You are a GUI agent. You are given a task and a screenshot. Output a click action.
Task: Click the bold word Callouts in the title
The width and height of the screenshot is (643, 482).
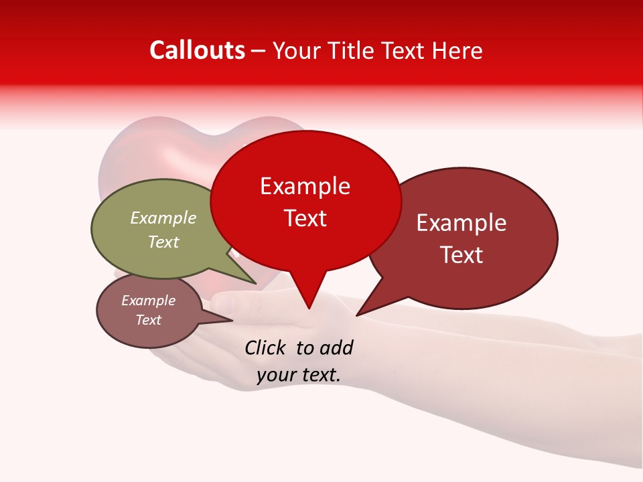tap(197, 50)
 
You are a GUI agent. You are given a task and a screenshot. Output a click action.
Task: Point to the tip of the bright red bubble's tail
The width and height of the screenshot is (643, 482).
tap(309, 309)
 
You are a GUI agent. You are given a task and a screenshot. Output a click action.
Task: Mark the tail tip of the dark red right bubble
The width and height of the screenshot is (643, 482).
tap(357, 315)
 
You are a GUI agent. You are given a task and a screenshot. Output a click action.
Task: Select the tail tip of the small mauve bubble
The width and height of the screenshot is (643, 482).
tap(232, 320)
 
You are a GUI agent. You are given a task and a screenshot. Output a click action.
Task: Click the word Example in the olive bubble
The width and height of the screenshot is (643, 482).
tap(163, 218)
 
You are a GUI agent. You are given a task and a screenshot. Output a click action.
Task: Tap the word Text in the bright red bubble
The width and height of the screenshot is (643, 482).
tap(305, 218)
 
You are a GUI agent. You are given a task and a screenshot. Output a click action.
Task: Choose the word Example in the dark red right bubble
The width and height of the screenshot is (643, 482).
tap(461, 223)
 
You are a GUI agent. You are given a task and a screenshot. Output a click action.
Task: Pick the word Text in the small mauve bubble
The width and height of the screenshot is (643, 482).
tap(149, 320)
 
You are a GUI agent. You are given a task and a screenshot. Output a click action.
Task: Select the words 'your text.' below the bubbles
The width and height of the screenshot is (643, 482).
tap(299, 375)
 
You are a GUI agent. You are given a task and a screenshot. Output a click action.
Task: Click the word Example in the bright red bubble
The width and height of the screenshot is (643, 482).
tap(305, 186)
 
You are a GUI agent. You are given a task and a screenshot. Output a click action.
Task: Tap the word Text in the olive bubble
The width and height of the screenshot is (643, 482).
tap(163, 242)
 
